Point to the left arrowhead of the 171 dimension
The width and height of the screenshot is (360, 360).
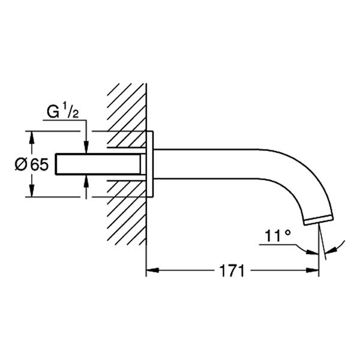pyautogui.click(x=152, y=271)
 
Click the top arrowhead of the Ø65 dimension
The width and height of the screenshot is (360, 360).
pyautogui.click(x=32, y=136)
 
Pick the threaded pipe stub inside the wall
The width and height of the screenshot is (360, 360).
pyautogui.click(x=99, y=164)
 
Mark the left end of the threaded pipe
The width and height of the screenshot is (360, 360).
pyautogui.click(x=56, y=164)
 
